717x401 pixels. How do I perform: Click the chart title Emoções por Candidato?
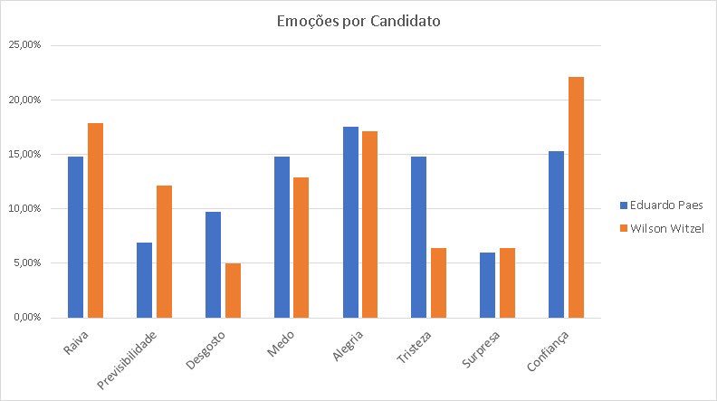(358, 21)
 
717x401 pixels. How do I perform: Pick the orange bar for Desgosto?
(234, 290)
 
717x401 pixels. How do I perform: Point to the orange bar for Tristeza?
(438, 282)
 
